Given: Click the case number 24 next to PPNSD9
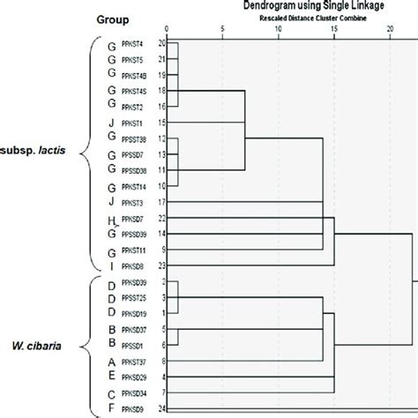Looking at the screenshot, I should coord(161,408).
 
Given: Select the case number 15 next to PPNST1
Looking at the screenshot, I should coord(161,122).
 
